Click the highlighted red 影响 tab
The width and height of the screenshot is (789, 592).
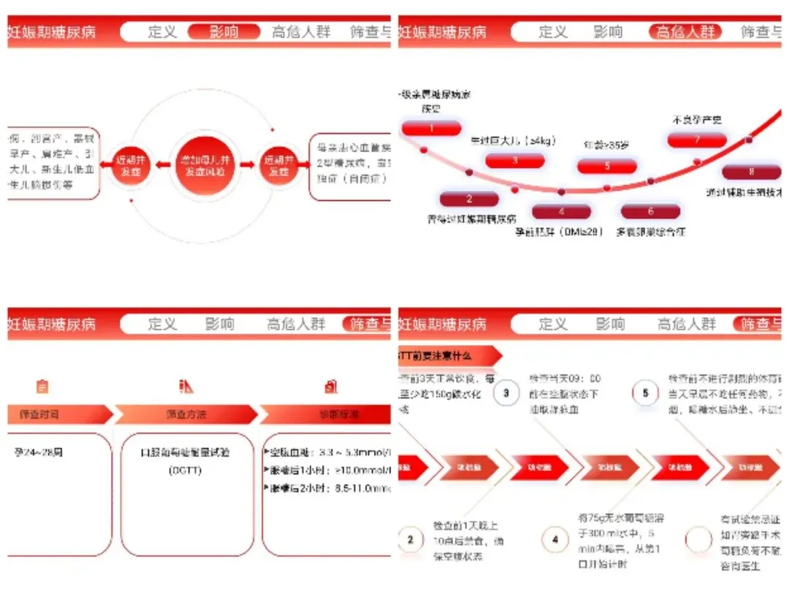(x=224, y=32)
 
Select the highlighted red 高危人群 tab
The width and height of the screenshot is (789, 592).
(x=685, y=32)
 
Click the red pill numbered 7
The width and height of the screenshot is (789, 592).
(x=697, y=140)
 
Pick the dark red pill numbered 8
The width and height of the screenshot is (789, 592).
(x=751, y=172)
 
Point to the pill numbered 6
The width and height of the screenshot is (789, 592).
(x=650, y=211)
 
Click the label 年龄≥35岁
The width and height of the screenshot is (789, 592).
(x=606, y=145)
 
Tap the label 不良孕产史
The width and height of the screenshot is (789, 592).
(x=697, y=119)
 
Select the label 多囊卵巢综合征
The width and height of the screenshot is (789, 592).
(x=650, y=232)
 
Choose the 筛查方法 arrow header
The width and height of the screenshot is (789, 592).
(x=186, y=414)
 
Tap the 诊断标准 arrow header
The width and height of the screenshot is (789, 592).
(x=329, y=414)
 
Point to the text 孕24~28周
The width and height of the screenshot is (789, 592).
(x=38, y=452)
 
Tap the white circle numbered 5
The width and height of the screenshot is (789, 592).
(x=645, y=392)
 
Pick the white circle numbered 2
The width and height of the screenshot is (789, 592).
(x=411, y=540)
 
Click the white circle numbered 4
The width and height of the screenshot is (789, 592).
(x=555, y=540)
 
